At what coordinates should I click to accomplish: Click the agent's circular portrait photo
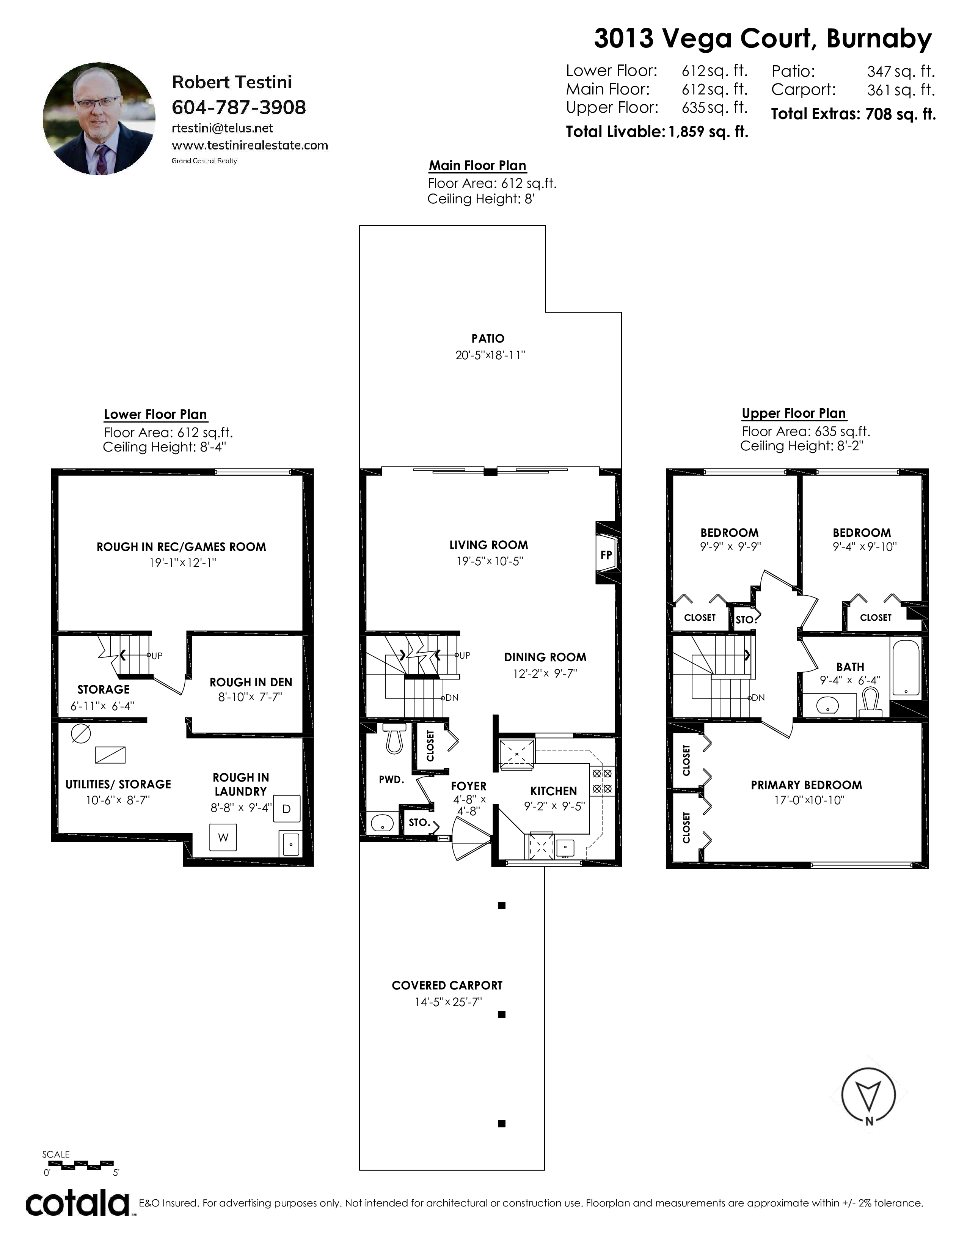(99, 119)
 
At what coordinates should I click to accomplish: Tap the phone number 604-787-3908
(239, 107)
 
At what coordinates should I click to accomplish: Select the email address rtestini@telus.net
(222, 128)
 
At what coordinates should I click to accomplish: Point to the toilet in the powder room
(394, 737)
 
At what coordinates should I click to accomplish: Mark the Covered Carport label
(447, 985)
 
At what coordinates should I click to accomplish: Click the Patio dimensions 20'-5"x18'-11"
(490, 355)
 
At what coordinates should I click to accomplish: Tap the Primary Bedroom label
(806, 785)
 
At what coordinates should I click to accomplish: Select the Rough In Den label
(251, 682)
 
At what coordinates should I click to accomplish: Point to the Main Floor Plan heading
(478, 166)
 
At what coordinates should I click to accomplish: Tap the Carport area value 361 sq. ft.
(901, 90)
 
